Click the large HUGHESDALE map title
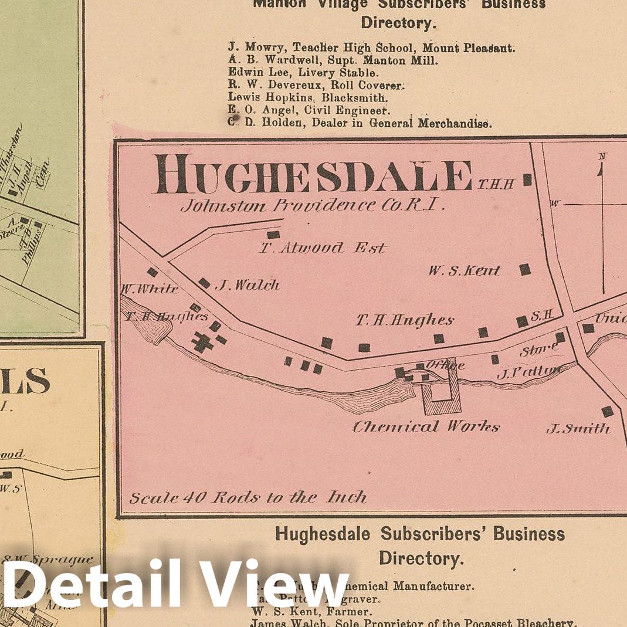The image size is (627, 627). pyautogui.click(x=313, y=174)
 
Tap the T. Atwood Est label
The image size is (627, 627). pyautogui.click(x=323, y=248)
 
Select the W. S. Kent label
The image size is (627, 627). pyautogui.click(x=465, y=270)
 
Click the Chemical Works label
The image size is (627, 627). pyautogui.click(x=425, y=426)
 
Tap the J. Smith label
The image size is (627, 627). pyautogui.click(x=578, y=429)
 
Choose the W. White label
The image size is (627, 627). pyautogui.click(x=149, y=289)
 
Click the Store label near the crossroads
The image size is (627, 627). pyautogui.click(x=538, y=350)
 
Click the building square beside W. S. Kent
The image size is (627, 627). pyautogui.click(x=525, y=269)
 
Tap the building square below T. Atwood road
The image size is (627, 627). pyautogui.click(x=273, y=235)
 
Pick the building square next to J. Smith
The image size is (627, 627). pyautogui.click(x=607, y=411)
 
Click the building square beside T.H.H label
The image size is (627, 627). pyautogui.click(x=527, y=179)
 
